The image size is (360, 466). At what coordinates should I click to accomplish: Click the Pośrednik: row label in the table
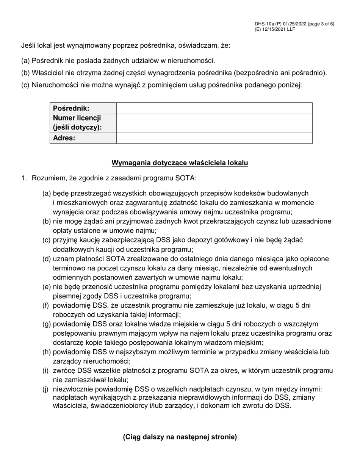pos(71,108)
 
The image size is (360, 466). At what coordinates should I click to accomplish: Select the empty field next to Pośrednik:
pos(214,108)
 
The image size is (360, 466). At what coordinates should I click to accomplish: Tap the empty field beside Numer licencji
pos(214,123)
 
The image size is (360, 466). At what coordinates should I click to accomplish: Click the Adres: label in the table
pos(64,138)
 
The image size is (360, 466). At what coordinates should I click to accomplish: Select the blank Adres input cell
pos(214,138)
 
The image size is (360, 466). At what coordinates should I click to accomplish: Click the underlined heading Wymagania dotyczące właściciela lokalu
pos(180,163)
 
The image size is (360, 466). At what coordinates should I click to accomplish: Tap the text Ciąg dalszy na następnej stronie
pos(180,437)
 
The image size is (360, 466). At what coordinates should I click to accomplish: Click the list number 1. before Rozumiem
pos(25,178)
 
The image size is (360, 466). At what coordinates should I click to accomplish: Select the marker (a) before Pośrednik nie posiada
pos(25,60)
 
